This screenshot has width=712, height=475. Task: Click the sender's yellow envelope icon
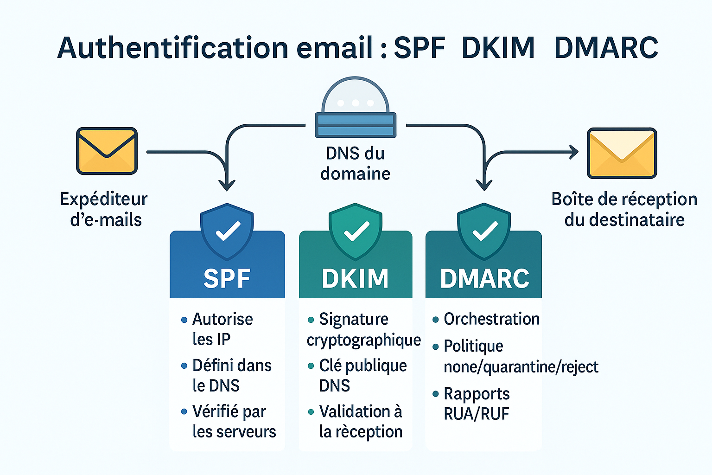(x=107, y=151)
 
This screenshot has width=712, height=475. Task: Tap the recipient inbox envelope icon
(x=622, y=153)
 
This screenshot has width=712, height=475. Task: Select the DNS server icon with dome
(x=356, y=109)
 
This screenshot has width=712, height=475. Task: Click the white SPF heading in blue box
(x=227, y=278)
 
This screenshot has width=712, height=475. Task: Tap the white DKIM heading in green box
(x=355, y=278)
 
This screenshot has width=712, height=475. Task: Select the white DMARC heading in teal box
(x=484, y=278)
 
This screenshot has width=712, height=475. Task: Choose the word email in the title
(x=335, y=48)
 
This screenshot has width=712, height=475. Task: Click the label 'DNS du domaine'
(x=356, y=163)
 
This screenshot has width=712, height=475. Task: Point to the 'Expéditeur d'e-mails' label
(x=104, y=209)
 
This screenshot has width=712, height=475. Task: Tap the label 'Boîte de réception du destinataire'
(x=624, y=209)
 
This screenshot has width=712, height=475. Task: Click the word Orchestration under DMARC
(x=491, y=319)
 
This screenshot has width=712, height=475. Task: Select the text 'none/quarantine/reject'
(x=521, y=367)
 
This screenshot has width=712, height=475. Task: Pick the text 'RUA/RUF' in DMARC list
(x=476, y=414)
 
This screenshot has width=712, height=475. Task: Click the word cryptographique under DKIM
(x=364, y=340)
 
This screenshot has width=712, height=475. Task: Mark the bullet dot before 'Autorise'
(x=184, y=320)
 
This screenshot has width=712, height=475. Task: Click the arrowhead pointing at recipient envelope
(x=574, y=152)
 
